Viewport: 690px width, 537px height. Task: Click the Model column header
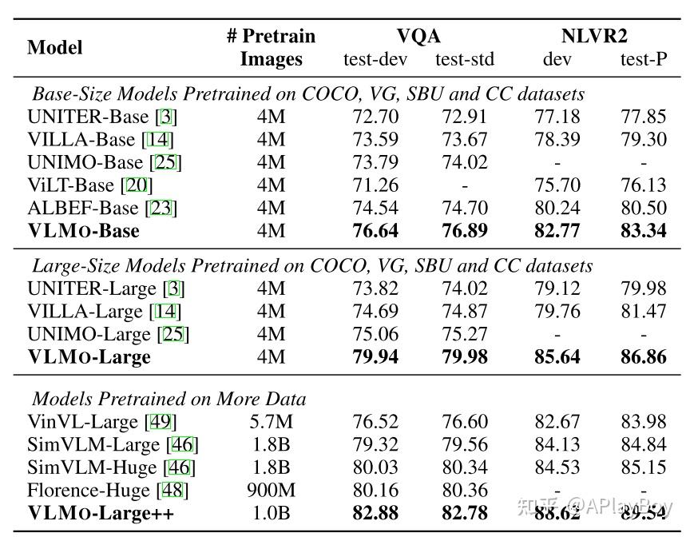[54, 47]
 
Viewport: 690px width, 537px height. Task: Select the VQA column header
[418, 36]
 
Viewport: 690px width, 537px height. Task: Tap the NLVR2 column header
[593, 36]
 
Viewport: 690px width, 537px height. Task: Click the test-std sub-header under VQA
[465, 59]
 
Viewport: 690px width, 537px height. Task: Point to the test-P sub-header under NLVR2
[644, 59]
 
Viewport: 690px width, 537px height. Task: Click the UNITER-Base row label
[102, 117]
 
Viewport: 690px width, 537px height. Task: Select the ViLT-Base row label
[90, 185]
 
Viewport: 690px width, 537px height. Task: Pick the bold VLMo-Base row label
[83, 231]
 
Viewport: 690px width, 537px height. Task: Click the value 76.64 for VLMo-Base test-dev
[375, 231]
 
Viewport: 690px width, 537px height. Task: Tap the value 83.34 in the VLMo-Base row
[644, 231]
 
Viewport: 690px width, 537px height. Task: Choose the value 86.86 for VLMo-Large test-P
[644, 356]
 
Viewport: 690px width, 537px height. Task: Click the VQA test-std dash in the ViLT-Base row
[465, 185]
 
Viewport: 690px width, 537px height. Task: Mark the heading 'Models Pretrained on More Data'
[169, 398]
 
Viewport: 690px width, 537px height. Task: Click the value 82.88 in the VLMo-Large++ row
[375, 513]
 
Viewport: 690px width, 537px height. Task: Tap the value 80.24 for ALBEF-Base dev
[557, 209]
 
